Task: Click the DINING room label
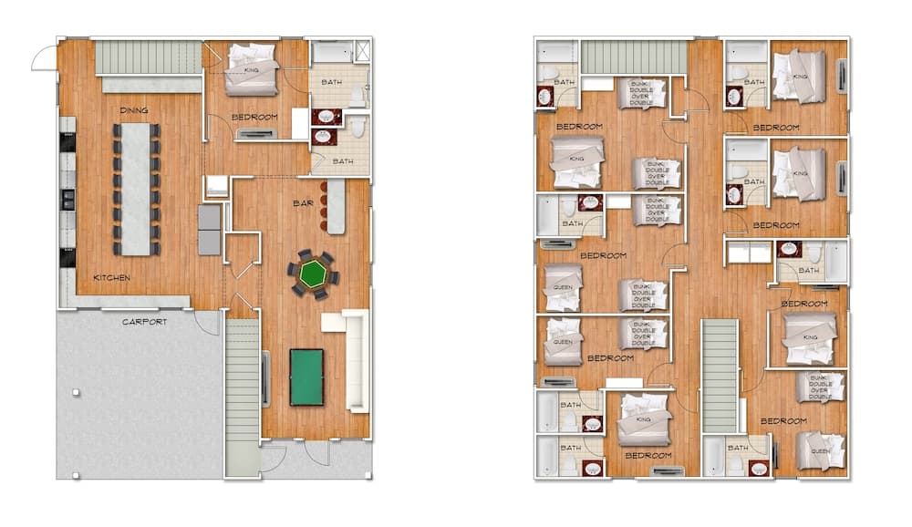(x=133, y=110)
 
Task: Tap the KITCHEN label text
(x=111, y=277)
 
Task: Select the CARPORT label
(x=145, y=321)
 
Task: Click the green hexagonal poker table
(x=313, y=274)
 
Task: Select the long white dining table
(x=135, y=189)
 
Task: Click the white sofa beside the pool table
(x=355, y=360)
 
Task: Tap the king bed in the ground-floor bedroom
(x=252, y=70)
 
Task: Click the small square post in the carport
(x=76, y=393)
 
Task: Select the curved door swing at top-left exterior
(x=44, y=59)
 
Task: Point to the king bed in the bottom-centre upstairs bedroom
(x=645, y=419)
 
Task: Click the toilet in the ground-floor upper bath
(x=357, y=96)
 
